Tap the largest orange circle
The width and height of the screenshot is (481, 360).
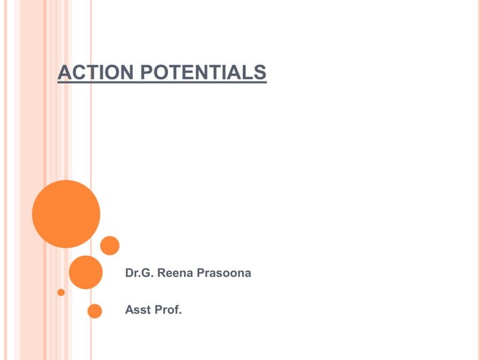point(66,214)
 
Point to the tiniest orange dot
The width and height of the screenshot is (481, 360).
point(61,291)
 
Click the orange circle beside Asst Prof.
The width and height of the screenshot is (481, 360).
point(94,311)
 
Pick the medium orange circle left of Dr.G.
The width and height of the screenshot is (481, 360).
point(85,273)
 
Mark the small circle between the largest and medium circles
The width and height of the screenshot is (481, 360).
point(110,246)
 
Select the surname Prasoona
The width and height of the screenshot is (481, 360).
point(223,273)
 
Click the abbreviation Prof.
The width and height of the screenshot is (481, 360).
point(168,310)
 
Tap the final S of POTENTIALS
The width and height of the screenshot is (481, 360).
point(261,72)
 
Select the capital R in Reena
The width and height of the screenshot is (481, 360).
point(160,273)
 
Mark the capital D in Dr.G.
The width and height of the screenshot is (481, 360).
point(129,273)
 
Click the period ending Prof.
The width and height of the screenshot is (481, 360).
point(181,313)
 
